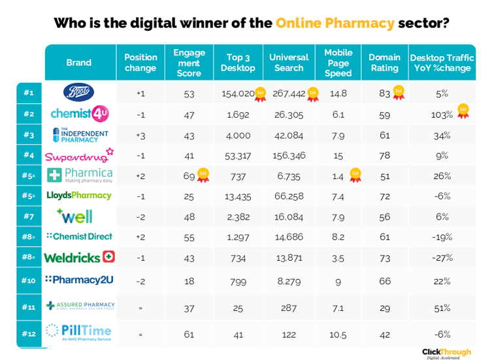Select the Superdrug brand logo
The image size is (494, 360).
[79, 155]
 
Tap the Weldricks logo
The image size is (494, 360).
[79, 257]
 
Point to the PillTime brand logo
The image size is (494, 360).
[79, 333]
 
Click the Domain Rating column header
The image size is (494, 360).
[384, 63]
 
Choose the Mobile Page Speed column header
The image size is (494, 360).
[338, 63]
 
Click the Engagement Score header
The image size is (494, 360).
[189, 63]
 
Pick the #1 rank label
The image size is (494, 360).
[29, 93]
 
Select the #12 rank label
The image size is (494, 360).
[29, 334]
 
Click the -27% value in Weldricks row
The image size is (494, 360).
[442, 257]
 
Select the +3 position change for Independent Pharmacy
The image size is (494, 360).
[140, 135]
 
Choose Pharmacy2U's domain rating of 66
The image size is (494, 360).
[384, 281]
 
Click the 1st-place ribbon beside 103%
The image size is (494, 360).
[463, 111]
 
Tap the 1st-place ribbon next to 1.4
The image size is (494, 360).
[355, 175]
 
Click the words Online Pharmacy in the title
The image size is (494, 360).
[335, 23]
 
